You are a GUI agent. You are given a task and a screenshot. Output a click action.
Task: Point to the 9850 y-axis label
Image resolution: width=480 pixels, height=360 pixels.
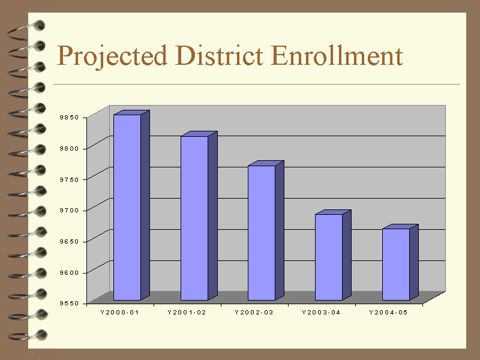69,117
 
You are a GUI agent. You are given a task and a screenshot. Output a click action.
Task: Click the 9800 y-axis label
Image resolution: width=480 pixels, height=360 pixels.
69,148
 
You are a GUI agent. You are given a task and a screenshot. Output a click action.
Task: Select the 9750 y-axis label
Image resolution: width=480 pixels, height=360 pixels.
69,179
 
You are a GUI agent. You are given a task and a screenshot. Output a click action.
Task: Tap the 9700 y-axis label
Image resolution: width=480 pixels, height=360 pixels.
69,211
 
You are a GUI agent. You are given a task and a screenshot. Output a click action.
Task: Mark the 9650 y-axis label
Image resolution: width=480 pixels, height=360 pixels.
69,242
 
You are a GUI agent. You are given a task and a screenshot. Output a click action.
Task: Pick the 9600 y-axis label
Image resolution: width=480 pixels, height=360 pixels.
69,272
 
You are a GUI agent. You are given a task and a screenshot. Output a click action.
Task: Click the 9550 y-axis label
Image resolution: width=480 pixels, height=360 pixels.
69,304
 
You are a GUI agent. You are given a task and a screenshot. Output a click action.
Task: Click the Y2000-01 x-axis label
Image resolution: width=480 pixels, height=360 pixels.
119,312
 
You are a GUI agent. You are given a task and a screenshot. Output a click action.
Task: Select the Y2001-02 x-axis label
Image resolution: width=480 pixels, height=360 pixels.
187,312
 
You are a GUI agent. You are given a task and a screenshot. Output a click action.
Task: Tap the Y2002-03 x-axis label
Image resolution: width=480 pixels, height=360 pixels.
254,312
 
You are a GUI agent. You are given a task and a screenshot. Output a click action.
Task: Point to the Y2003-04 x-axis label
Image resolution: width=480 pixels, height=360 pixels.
321,312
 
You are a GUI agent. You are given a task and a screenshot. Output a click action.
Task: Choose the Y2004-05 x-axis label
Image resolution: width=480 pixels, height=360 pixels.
388,312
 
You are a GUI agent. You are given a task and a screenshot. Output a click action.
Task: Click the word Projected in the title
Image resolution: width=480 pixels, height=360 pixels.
112,56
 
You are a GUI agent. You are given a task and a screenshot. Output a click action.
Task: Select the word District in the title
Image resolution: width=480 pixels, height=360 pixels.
219,55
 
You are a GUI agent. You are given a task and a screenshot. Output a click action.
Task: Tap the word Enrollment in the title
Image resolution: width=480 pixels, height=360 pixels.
337,55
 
